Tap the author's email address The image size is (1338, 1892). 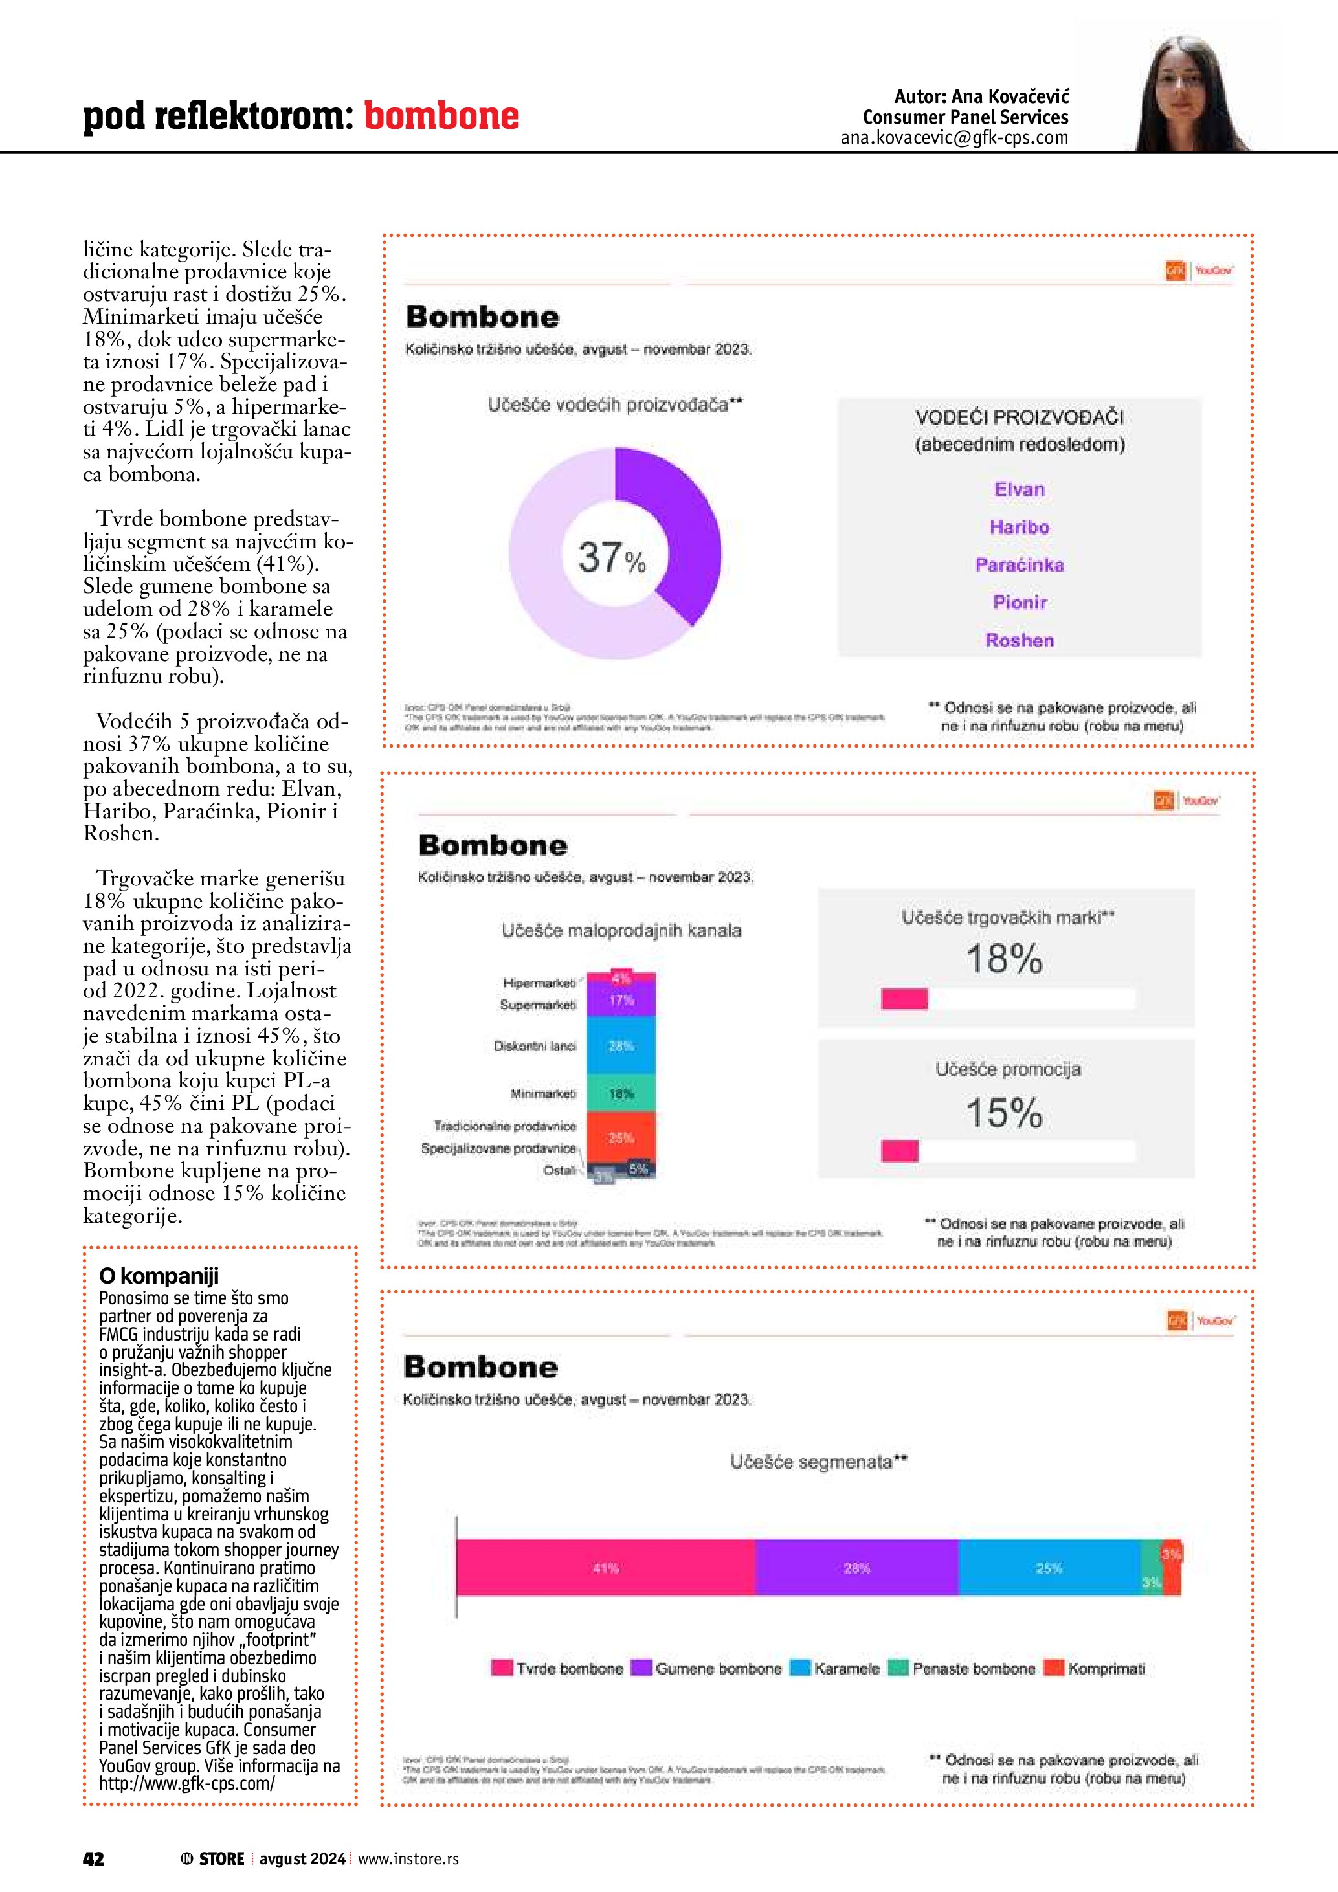954,139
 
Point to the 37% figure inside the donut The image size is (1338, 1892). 611,558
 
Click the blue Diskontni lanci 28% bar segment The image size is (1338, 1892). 621,1046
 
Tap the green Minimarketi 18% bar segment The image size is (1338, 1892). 621,1093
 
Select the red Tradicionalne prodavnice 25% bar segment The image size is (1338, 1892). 621,1138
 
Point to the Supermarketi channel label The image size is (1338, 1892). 538,1005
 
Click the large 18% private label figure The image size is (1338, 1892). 1005,959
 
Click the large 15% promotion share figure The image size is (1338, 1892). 1005,1113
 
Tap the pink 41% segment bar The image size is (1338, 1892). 605,1568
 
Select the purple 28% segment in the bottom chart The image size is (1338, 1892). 857,1568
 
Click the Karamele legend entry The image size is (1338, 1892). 836,1669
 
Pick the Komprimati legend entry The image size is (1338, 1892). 1096,1669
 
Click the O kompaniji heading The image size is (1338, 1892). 159,1276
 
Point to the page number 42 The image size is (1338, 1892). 94,1859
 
